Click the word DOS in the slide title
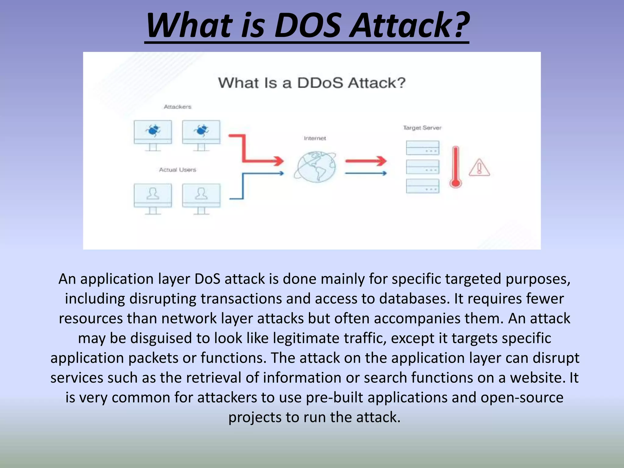click(307, 26)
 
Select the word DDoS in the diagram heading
click(320, 83)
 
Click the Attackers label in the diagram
click(178, 107)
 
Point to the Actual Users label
click(177, 170)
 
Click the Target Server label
click(422, 128)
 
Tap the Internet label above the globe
click(315, 138)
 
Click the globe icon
click(316, 167)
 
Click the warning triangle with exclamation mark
click(479, 168)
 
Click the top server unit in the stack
click(423, 148)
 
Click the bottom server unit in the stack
click(423, 186)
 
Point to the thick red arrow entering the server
click(366, 161)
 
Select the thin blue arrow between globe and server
click(366, 173)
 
